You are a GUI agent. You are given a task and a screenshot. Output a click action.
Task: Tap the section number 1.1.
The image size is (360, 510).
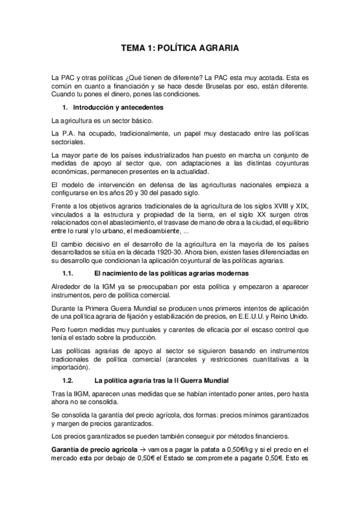[68, 273]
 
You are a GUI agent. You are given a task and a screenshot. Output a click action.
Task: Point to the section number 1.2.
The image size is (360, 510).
[68, 381]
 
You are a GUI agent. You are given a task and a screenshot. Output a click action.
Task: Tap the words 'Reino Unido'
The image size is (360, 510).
[290, 316]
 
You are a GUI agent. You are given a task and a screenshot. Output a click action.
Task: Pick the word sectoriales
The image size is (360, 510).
[69, 142]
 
